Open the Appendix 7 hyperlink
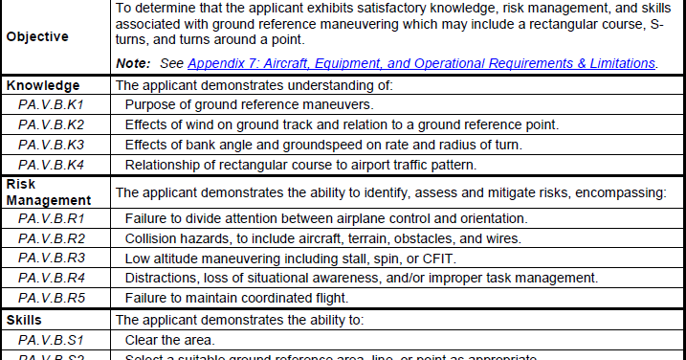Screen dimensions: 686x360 click(421, 64)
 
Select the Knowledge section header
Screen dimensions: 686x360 click(43, 84)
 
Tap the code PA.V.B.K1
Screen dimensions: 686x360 click(51, 103)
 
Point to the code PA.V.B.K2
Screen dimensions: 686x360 click(51, 124)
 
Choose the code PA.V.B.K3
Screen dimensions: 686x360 click(51, 145)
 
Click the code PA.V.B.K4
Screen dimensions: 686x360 click(51, 165)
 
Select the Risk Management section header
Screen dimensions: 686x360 click(48, 191)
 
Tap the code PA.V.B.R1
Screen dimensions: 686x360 click(51, 218)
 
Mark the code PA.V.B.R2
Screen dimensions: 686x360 click(51, 238)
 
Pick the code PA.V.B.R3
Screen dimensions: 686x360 click(51, 259)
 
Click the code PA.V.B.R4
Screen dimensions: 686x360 click(51, 279)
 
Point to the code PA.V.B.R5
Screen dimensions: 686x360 click(51, 299)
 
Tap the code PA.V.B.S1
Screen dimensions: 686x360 click(51, 339)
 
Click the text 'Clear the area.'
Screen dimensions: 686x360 click(169, 339)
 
